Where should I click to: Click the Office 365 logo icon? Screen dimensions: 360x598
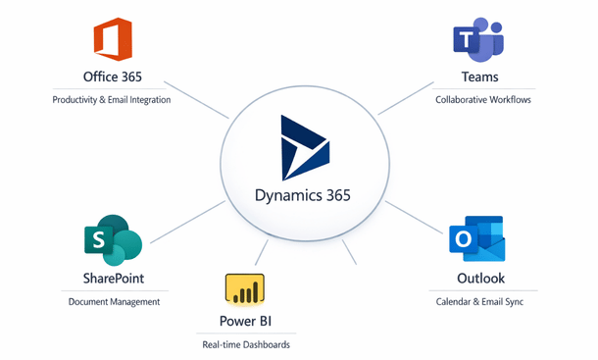pyautogui.click(x=112, y=40)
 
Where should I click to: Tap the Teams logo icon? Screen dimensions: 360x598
pyautogui.click(x=477, y=39)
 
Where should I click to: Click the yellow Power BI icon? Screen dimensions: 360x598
pyautogui.click(x=245, y=290)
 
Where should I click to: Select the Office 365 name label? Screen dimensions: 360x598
pyautogui.click(x=113, y=77)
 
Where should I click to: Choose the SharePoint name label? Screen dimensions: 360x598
pyautogui.click(x=113, y=278)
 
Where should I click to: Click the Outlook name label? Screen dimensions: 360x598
pyautogui.click(x=478, y=278)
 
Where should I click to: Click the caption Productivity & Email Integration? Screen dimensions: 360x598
pyautogui.click(x=113, y=100)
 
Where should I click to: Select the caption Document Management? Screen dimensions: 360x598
pyautogui.click(x=114, y=302)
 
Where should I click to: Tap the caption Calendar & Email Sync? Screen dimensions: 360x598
pyautogui.click(x=479, y=302)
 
